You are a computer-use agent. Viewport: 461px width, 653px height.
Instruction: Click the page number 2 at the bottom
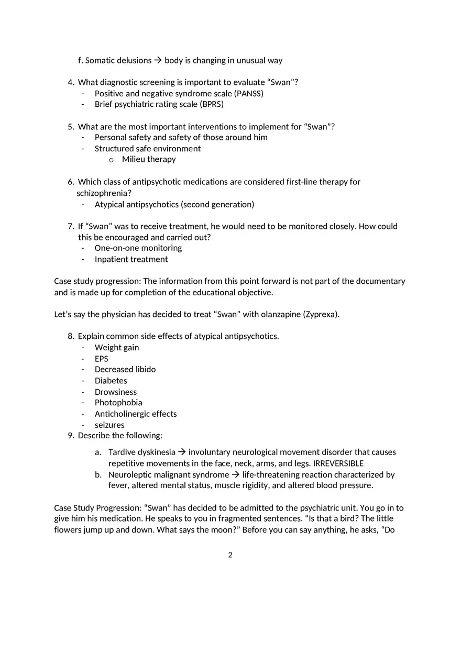click(x=230, y=555)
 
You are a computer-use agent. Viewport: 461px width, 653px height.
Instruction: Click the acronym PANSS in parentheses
click(x=248, y=94)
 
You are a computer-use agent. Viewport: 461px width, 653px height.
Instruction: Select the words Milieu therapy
click(x=149, y=159)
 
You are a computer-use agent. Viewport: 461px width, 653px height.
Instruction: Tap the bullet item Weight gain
click(x=117, y=348)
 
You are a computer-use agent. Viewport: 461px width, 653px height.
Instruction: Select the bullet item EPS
click(x=101, y=359)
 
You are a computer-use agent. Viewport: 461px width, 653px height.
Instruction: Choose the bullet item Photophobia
click(x=118, y=403)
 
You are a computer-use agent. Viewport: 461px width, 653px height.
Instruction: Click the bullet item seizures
click(x=109, y=425)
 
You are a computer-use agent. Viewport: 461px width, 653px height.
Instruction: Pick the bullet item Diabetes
click(x=111, y=381)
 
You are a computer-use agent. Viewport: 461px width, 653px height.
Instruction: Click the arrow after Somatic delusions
click(x=158, y=61)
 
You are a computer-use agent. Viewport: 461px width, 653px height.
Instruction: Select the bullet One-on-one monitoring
click(x=138, y=248)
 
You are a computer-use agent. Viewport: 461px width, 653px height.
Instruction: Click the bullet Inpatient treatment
click(x=131, y=259)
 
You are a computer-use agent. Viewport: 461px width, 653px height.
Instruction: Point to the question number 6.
click(x=71, y=182)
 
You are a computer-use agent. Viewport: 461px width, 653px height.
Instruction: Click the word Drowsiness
click(x=116, y=392)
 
